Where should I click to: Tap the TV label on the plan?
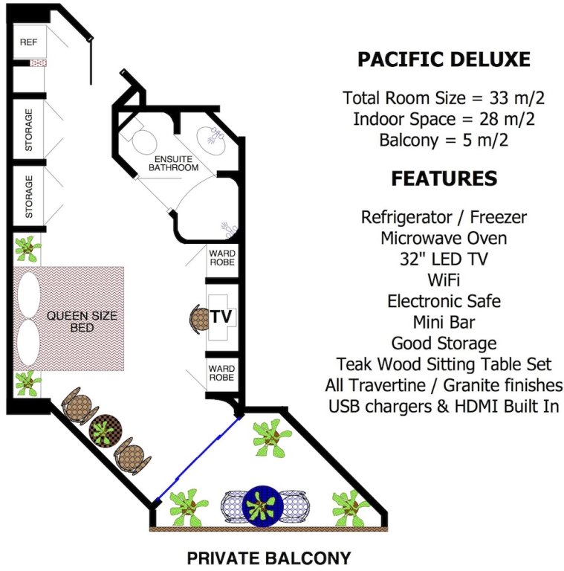click(221, 316)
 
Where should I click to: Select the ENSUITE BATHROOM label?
click(176, 164)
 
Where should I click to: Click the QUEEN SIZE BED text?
click(82, 321)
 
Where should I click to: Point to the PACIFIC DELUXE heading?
click(444, 59)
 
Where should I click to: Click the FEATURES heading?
click(444, 178)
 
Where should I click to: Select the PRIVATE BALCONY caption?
click(268, 558)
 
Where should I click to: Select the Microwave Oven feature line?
click(444, 238)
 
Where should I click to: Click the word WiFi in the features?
click(444, 280)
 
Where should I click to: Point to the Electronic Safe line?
click(444, 301)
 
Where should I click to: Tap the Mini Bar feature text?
click(444, 322)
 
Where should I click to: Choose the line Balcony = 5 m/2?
click(444, 139)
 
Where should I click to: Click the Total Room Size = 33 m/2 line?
click(444, 97)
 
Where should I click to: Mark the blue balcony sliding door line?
click(199, 458)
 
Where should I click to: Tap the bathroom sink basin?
click(213, 137)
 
